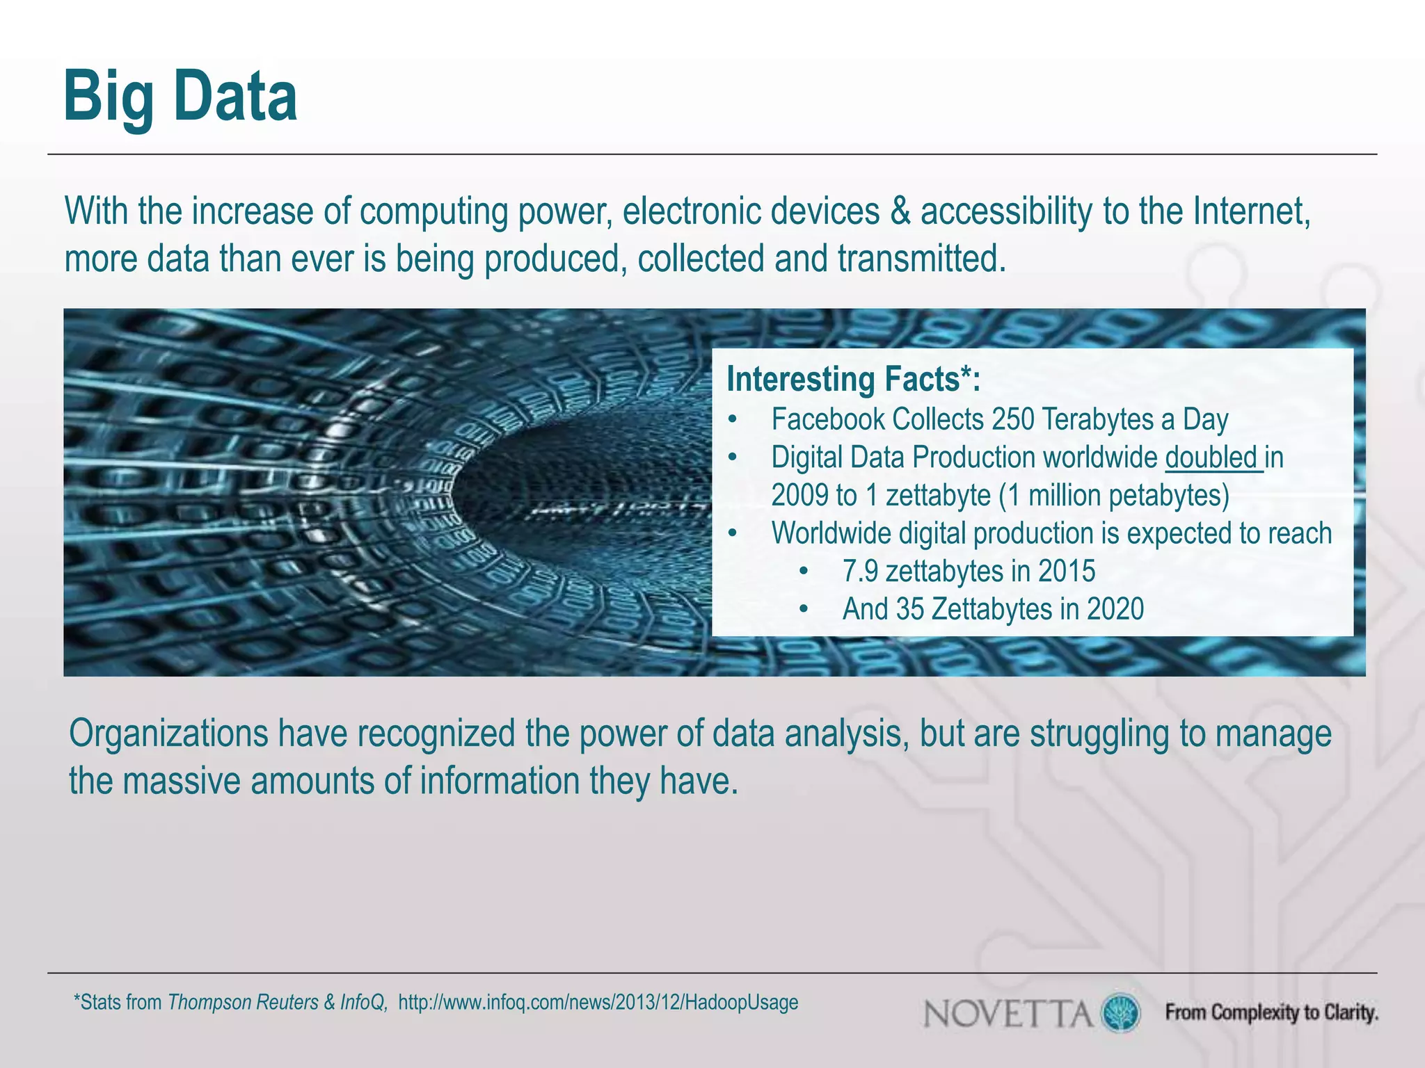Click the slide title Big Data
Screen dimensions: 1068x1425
pyautogui.click(x=180, y=97)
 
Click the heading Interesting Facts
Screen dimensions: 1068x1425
pyautogui.click(x=853, y=380)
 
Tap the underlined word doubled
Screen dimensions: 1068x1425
pyautogui.click(x=1212, y=458)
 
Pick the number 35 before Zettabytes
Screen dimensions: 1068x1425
pyautogui.click(x=910, y=609)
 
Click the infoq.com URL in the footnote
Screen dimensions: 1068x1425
pyautogui.click(x=598, y=1003)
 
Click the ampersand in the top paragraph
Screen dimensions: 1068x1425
pyautogui.click(x=900, y=211)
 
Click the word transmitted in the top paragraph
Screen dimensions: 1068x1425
pyautogui.click(x=921, y=259)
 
